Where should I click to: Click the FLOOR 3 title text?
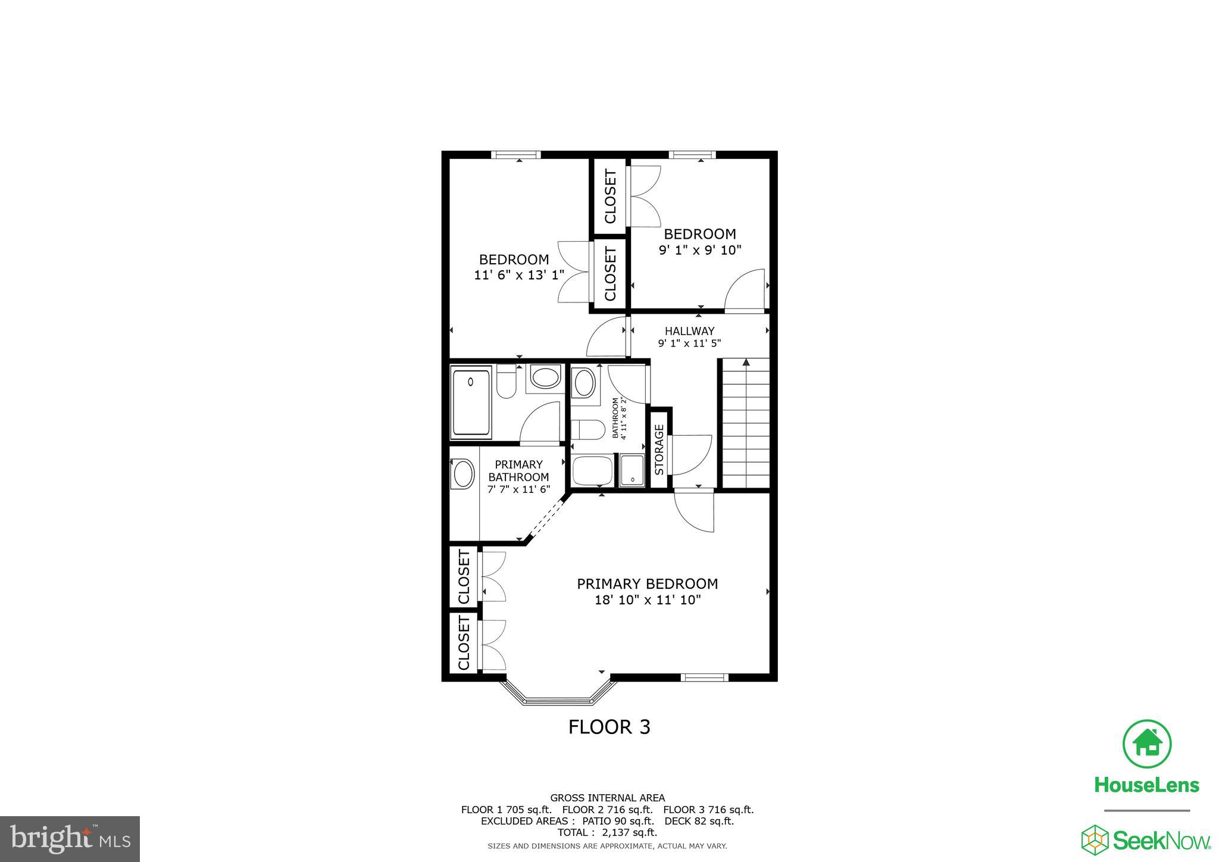point(609,727)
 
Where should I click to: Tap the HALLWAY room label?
point(689,331)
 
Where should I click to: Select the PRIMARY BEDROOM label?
point(647,584)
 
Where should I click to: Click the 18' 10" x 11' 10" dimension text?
point(648,600)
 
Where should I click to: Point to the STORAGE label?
point(659,449)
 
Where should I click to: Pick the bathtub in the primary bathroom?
point(471,403)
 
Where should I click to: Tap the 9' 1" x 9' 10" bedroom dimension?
point(699,250)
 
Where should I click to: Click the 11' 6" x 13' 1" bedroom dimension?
point(519,275)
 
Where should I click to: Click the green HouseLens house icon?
point(1146,744)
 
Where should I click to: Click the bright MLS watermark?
point(70,838)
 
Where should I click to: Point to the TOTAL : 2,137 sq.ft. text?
point(607,832)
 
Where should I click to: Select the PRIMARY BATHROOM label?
point(518,470)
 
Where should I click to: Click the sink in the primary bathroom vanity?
point(463,474)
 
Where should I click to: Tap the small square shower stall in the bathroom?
point(632,470)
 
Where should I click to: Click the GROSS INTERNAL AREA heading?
point(607,798)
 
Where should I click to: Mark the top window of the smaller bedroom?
point(692,155)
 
